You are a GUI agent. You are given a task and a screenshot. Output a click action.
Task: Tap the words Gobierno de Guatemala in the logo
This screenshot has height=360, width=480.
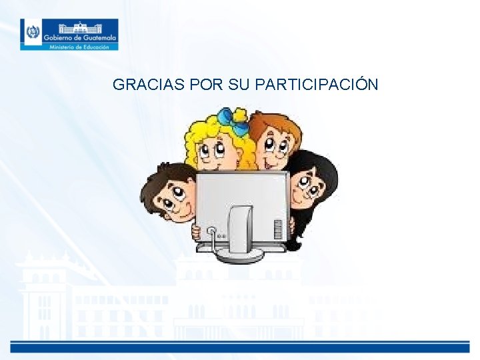click(80, 38)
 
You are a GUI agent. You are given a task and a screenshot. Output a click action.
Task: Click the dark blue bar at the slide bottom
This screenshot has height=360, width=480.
click(240, 347)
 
